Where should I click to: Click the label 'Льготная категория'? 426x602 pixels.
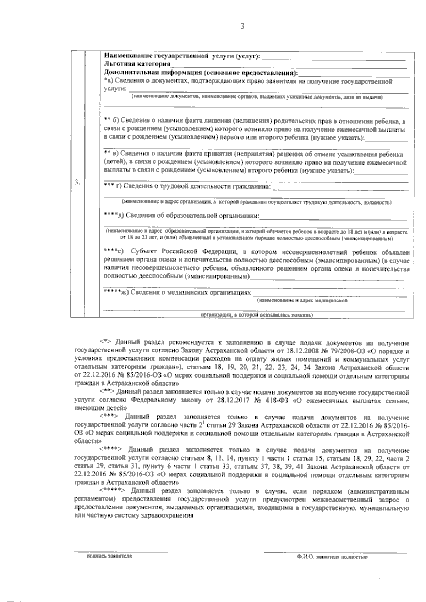click(137, 64)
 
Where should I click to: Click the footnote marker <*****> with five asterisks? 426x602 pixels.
click(112, 491)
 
